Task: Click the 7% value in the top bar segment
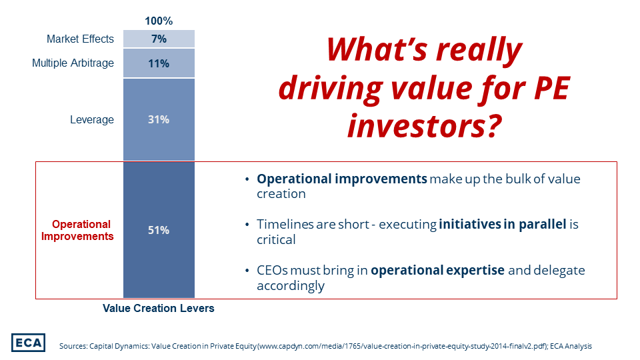[159, 39]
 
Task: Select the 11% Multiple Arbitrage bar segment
[159, 63]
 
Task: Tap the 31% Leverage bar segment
[159, 120]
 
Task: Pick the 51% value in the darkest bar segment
[159, 230]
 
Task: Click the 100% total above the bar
[159, 21]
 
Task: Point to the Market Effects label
[80, 39]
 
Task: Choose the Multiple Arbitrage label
[73, 63]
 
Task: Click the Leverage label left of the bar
[92, 120]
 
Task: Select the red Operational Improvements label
[81, 230]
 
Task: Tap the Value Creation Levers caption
[159, 309]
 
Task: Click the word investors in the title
[414, 125]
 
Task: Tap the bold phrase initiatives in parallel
[503, 225]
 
